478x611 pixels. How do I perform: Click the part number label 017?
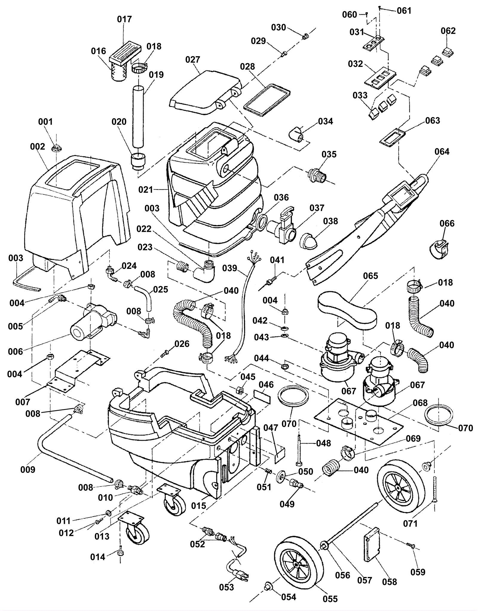pos(124,19)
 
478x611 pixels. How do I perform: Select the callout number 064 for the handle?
pos(442,152)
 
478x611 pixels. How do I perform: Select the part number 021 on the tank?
pos(145,190)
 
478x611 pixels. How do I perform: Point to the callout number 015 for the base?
pos(199,506)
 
